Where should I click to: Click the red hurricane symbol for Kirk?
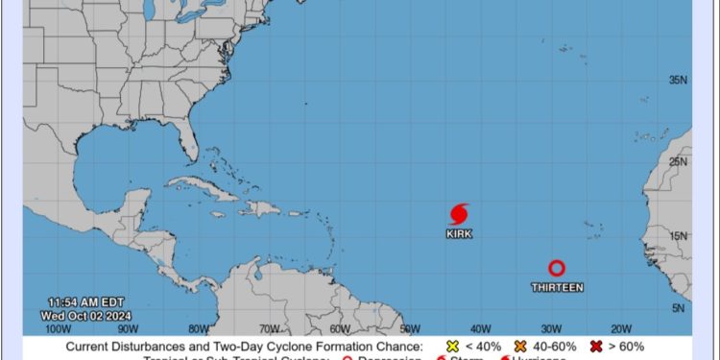(459, 213)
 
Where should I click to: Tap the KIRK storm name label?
(459, 233)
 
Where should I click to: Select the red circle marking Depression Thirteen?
(557, 269)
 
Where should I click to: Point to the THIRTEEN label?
(557, 287)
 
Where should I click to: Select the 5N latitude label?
(679, 307)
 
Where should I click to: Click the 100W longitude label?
(60, 327)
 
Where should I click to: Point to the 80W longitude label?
(199, 327)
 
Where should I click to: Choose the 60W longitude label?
(340, 327)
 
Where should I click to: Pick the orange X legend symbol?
(521, 347)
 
